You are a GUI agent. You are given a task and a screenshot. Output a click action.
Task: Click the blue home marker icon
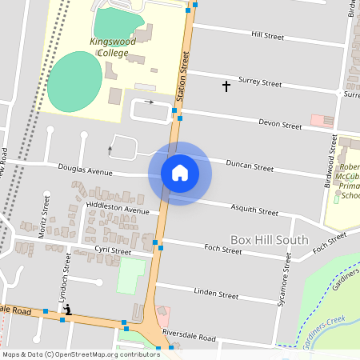(x=180, y=172)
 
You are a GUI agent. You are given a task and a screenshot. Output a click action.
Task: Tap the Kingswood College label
(x=110, y=46)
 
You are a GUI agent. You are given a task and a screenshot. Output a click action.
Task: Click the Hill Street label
(x=267, y=36)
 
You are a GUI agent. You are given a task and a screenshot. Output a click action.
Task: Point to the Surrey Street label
(x=260, y=82)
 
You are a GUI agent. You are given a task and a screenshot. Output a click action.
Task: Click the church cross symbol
(x=226, y=85)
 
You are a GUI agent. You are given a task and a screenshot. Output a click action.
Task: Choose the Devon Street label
(x=280, y=125)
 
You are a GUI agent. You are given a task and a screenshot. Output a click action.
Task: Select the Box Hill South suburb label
(x=270, y=239)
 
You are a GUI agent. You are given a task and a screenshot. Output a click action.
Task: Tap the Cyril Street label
(x=113, y=251)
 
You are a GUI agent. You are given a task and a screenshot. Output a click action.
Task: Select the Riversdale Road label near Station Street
(x=189, y=338)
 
